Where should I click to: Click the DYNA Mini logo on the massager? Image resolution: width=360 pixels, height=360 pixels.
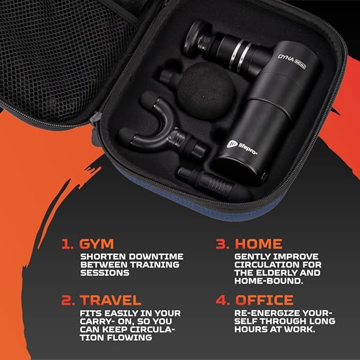click(292, 61)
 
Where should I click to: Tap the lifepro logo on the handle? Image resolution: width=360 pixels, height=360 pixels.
click(242, 147)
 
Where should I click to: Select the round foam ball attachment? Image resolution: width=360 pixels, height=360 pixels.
click(206, 91)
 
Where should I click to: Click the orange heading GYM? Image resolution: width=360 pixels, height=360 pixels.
click(97, 244)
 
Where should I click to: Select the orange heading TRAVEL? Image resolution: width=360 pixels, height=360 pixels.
click(110, 300)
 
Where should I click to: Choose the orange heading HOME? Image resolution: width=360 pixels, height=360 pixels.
click(259, 244)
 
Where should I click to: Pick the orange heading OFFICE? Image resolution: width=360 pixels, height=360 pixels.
click(264, 300)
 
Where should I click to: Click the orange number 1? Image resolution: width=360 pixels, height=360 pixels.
click(67, 244)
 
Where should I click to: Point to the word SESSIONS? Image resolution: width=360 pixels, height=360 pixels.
click(104, 273)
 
